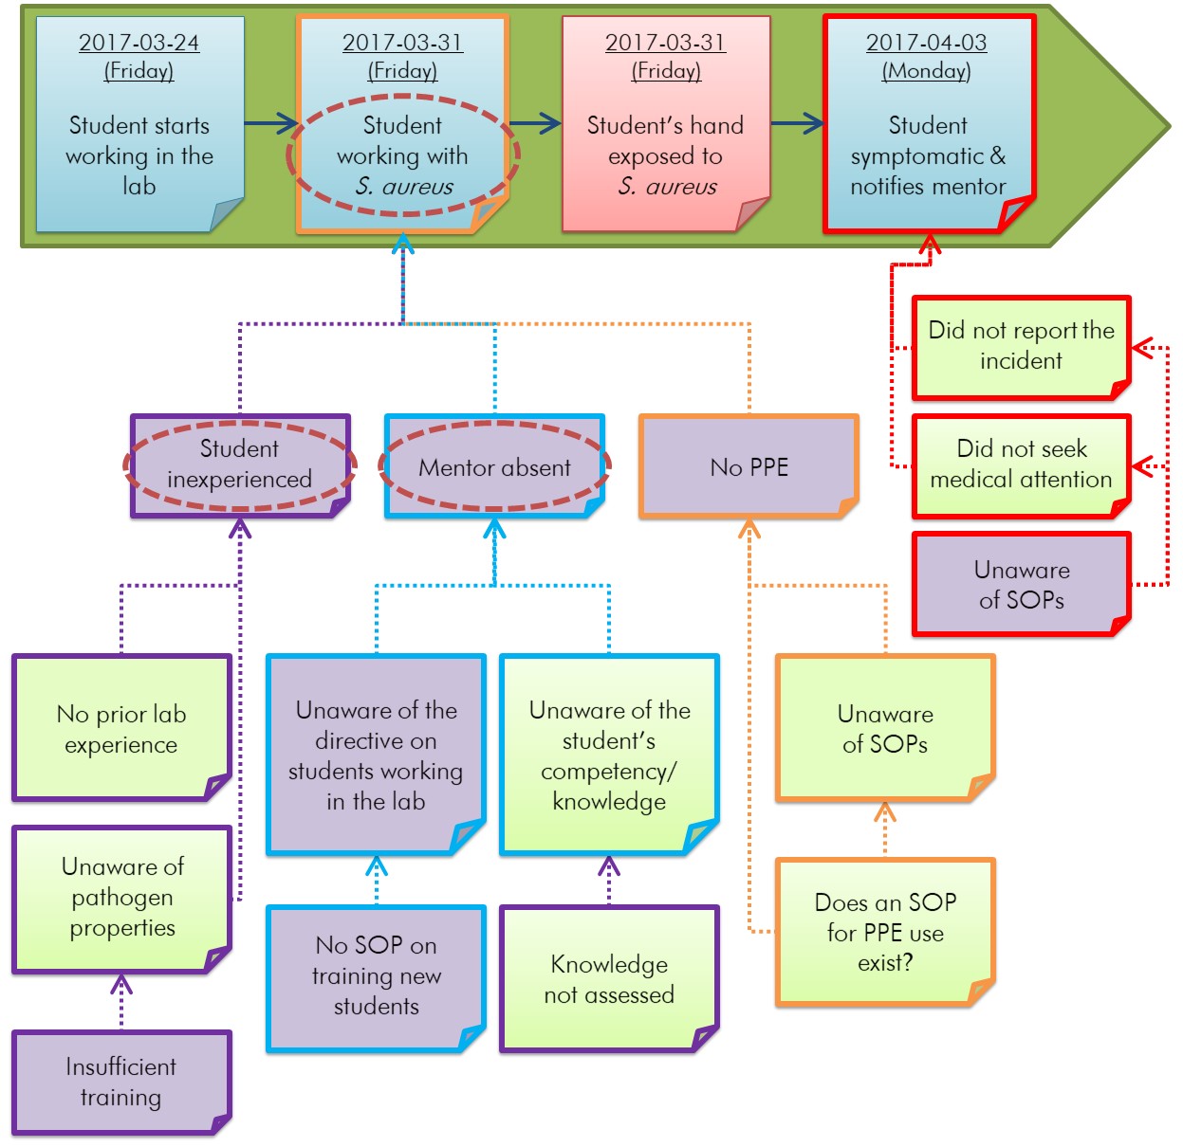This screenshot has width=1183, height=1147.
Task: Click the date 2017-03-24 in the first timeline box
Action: click(x=139, y=43)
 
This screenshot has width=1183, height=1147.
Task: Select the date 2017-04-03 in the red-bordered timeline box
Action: click(x=926, y=43)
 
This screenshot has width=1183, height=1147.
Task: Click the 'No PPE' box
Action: click(x=749, y=466)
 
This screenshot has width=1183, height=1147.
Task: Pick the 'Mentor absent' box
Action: click(x=494, y=466)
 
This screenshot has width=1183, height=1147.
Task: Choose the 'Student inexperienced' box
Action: click(x=239, y=464)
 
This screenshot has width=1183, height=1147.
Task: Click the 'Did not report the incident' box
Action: click(x=1021, y=346)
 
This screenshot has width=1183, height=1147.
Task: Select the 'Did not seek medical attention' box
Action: click(x=1021, y=464)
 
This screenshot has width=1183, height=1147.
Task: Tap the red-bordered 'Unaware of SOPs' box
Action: click(x=1021, y=584)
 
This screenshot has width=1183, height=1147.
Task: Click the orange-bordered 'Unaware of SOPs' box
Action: click(x=884, y=728)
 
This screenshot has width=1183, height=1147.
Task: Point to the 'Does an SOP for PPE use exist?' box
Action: click(x=884, y=932)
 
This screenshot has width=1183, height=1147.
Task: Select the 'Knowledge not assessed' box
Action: click(x=608, y=979)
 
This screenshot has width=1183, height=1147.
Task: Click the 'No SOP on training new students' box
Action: click(x=376, y=976)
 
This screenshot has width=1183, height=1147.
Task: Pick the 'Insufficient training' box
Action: click(x=120, y=1082)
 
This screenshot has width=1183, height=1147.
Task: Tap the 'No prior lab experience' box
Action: click(x=120, y=728)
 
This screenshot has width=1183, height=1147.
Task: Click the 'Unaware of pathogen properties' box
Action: click(x=121, y=898)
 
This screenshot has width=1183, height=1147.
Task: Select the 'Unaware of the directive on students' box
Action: click(x=376, y=755)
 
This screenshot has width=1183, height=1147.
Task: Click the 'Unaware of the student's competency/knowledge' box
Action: click(x=608, y=755)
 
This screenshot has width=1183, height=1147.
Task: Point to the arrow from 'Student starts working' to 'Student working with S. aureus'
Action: click(x=271, y=122)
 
